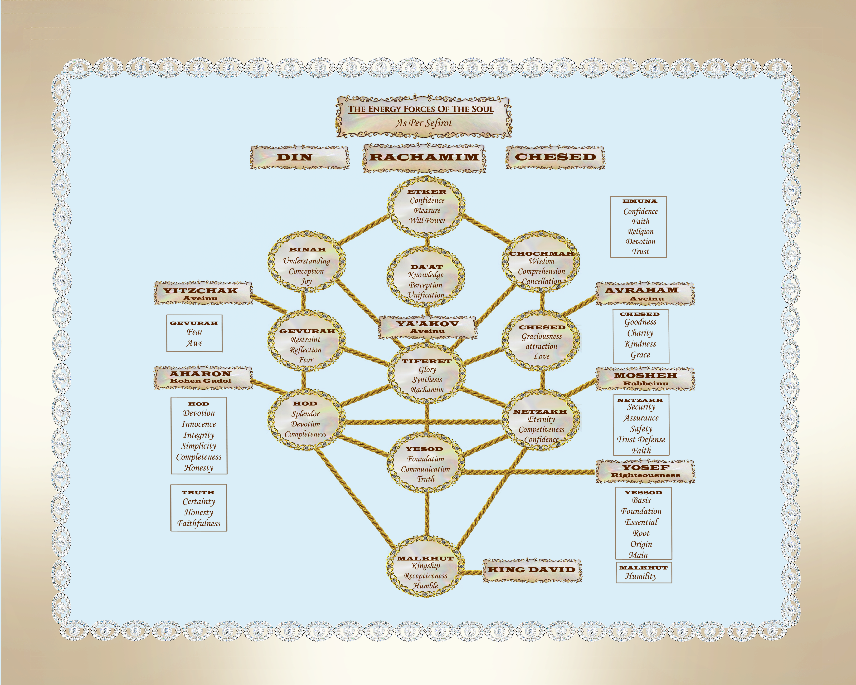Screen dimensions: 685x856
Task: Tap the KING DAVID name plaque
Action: [x=532, y=570]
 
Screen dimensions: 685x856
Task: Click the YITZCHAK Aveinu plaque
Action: [x=203, y=294]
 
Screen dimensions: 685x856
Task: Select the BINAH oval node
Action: [x=306, y=262]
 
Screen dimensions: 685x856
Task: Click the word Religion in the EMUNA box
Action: [x=640, y=231]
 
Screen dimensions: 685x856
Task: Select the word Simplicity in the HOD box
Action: [x=199, y=446]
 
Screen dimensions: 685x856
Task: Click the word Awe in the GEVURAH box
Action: [x=194, y=343]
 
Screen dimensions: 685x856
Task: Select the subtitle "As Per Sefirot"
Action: [x=423, y=123]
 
